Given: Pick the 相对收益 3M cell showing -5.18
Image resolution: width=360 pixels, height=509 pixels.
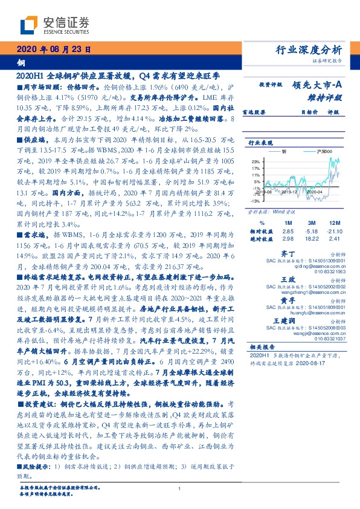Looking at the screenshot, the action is coord(312,232).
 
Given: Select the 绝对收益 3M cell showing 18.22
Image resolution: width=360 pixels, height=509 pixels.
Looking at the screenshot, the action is coord(312,239).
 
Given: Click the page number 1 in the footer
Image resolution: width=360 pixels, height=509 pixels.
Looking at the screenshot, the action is coord(180,489).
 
